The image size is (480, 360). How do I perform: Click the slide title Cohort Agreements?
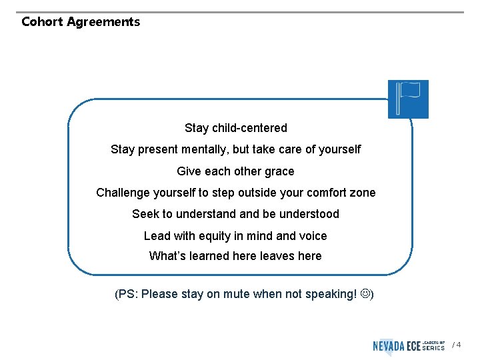point(81,22)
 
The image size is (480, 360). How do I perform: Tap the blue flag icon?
point(408,99)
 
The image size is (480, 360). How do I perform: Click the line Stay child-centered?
point(236,128)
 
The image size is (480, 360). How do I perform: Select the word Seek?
point(145,214)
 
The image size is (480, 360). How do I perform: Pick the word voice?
point(312,236)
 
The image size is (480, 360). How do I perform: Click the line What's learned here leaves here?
point(235,256)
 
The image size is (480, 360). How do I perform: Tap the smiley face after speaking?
point(364,294)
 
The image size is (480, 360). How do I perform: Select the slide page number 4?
point(458,345)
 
